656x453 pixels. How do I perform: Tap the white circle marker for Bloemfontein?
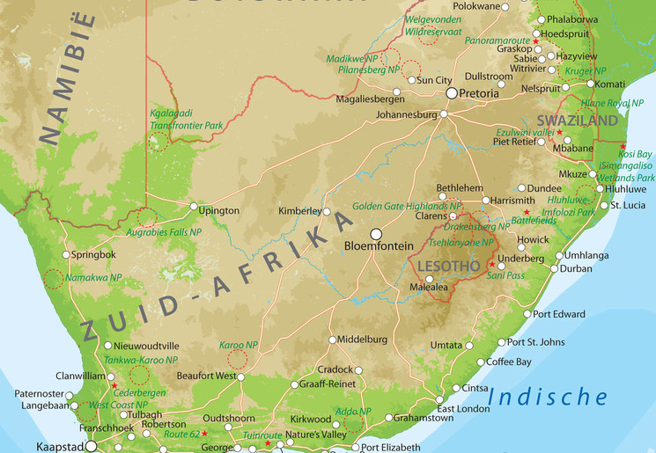coord(377,234)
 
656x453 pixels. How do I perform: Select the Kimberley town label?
coord(300,211)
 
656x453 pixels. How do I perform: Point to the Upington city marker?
coord(195,207)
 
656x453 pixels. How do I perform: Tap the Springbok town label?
coord(94,254)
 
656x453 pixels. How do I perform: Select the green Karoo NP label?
coord(238,345)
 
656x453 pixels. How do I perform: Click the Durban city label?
coord(576,268)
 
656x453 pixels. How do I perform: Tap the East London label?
coord(463,409)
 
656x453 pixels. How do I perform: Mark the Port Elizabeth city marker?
coord(355,448)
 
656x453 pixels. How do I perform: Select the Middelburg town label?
coord(363,339)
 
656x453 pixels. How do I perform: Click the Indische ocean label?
coord(548,398)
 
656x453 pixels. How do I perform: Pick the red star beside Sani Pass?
coord(491,264)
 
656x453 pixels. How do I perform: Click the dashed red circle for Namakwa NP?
coord(55,279)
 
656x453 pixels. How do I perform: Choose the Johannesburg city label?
coord(406,114)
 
